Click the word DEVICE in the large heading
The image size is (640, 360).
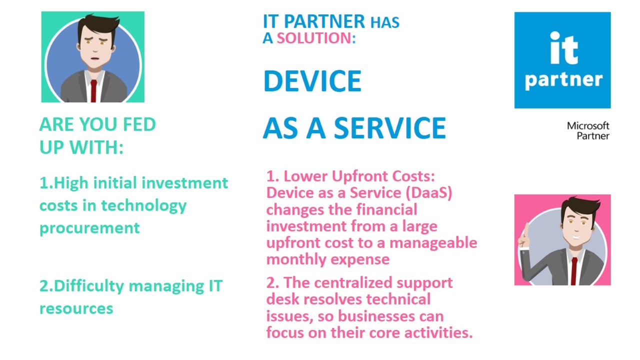[x=312, y=81]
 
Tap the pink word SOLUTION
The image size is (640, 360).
[x=314, y=38]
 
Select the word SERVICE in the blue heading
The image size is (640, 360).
[x=390, y=128]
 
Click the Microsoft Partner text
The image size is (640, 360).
[x=588, y=130]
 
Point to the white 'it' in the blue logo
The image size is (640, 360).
[x=564, y=48]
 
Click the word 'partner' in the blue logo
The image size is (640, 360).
[x=563, y=80]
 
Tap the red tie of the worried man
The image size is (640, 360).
[x=93, y=91]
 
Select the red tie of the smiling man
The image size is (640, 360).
[x=574, y=271]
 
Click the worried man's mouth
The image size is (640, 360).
[x=95, y=58]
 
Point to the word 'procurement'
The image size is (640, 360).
[x=89, y=228]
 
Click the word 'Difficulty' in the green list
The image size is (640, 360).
[x=89, y=286]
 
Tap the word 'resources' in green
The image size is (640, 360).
[x=76, y=309]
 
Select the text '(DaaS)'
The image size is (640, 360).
[x=429, y=193]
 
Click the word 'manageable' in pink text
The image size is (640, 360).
[x=433, y=243]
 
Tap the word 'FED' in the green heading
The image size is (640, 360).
[x=139, y=124]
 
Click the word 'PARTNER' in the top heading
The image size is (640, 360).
[x=324, y=21]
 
